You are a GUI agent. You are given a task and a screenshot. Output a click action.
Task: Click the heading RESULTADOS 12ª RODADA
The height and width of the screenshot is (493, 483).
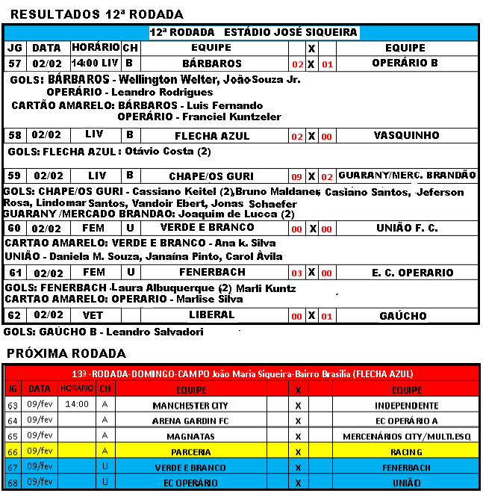click(x=98, y=14)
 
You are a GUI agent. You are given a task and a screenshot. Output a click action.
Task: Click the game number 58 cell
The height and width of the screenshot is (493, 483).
click(x=15, y=135)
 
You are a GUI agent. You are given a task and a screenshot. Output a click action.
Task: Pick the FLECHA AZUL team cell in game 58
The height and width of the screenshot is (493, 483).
click(x=212, y=136)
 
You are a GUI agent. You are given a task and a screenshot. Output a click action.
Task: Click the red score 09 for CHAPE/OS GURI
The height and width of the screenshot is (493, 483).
click(x=296, y=177)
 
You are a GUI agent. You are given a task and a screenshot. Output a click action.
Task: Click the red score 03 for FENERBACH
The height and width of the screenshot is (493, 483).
click(x=296, y=274)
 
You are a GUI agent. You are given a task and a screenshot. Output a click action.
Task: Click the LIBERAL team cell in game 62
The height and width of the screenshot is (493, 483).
click(x=212, y=314)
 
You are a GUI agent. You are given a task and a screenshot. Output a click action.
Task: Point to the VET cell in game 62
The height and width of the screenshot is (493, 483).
click(x=93, y=314)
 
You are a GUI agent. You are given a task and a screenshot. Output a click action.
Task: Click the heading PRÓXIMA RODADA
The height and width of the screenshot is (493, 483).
click(x=66, y=353)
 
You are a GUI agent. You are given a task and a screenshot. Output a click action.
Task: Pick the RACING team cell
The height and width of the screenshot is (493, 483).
click(x=406, y=452)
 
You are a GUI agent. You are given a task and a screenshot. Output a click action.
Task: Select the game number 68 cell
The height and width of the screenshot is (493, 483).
click(x=13, y=482)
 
